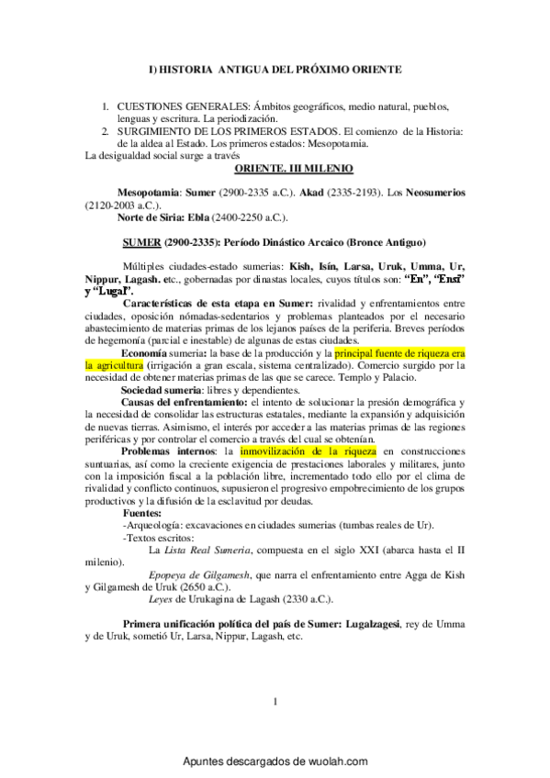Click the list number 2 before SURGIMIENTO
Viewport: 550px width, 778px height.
coord(106,132)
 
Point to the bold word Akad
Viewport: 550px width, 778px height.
coord(328,194)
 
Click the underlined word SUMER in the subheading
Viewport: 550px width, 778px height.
coord(142,243)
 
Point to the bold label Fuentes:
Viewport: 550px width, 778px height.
coord(143,513)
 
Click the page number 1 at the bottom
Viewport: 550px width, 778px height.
coord(275,703)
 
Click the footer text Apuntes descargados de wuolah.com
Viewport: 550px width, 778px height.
coord(275,761)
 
